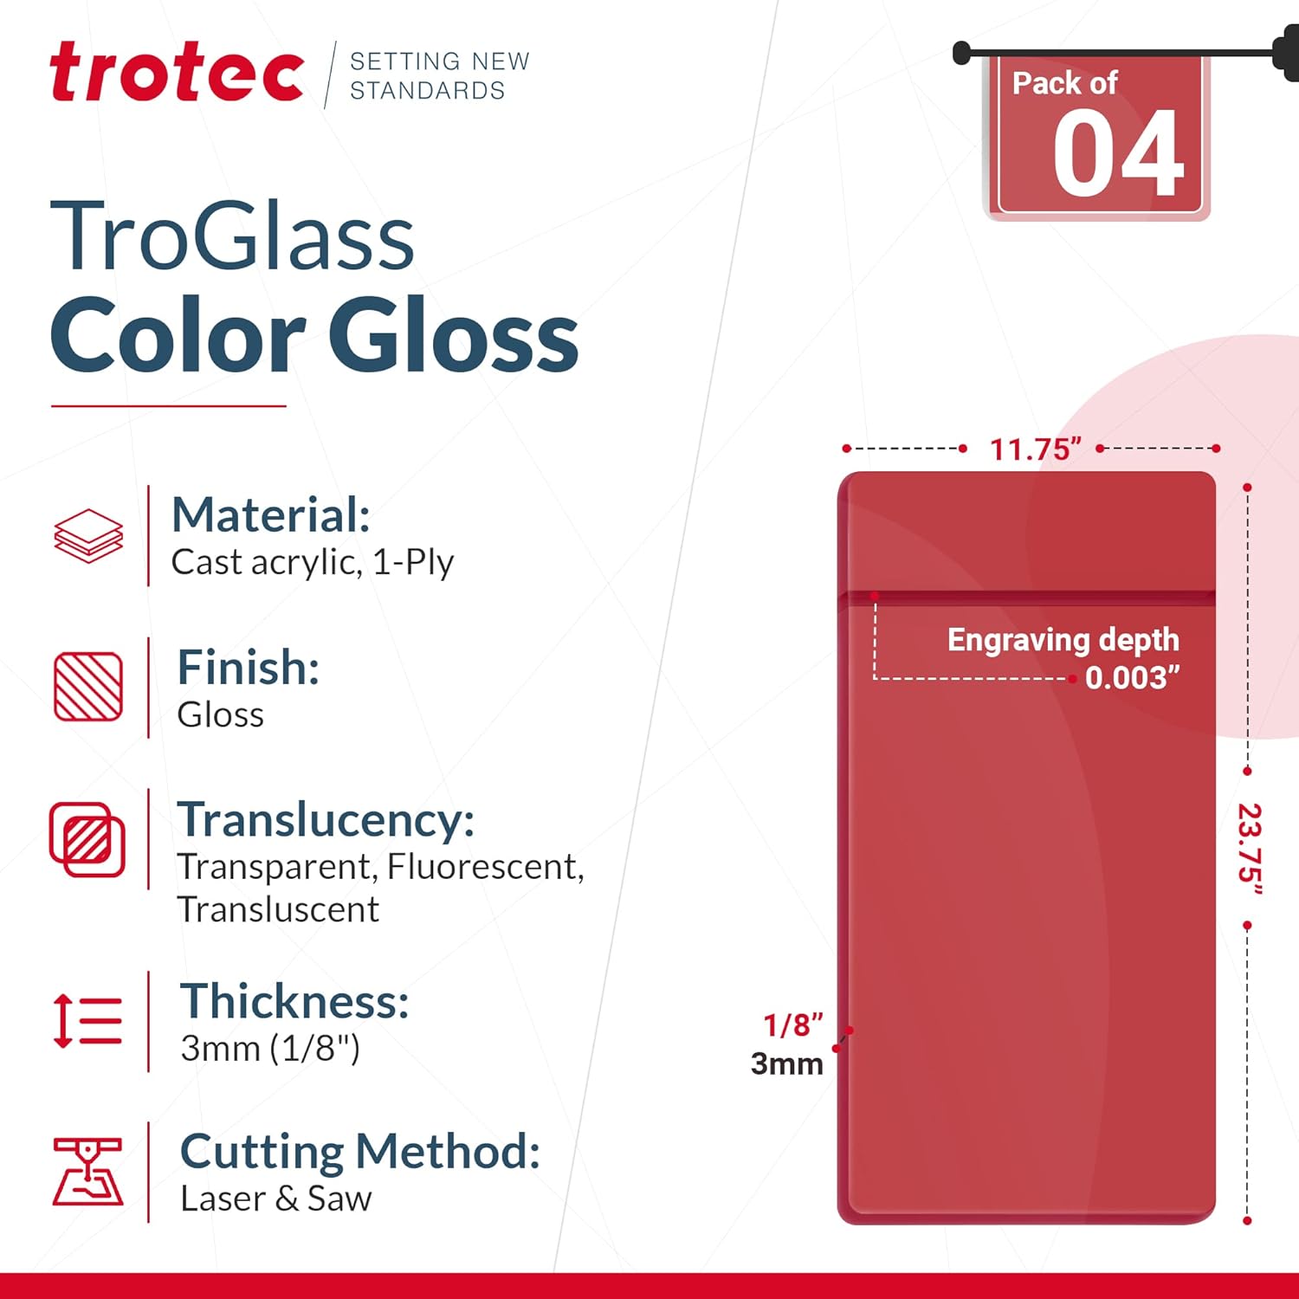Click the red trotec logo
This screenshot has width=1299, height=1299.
tap(177, 73)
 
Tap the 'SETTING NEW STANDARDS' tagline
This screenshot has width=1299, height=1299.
tap(439, 75)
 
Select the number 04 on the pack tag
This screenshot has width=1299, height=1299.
tap(1118, 156)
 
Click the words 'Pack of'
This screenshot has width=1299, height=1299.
tap(1064, 83)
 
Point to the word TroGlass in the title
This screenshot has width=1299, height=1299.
tap(232, 236)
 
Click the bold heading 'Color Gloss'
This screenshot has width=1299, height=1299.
tap(314, 336)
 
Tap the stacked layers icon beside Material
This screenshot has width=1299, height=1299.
tap(88, 536)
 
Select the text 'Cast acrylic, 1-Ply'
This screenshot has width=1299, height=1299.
tap(312, 563)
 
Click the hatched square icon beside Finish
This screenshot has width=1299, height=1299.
tap(88, 687)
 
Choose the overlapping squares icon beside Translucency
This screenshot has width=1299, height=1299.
tap(87, 839)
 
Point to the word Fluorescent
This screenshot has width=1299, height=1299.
tap(485, 867)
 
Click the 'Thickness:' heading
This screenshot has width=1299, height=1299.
tap(294, 1002)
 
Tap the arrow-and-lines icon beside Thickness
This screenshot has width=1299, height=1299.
tap(87, 1021)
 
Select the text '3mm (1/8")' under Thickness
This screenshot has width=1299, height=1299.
tap(270, 1049)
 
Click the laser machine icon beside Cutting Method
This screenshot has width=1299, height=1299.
tap(87, 1172)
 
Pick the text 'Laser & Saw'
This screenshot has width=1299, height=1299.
tap(276, 1199)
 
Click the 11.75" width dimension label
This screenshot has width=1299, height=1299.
tap(1035, 449)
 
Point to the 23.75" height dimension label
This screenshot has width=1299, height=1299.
tap(1249, 850)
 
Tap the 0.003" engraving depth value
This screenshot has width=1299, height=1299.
tap(1132, 677)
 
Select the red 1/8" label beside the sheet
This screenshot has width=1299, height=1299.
tap(792, 1025)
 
